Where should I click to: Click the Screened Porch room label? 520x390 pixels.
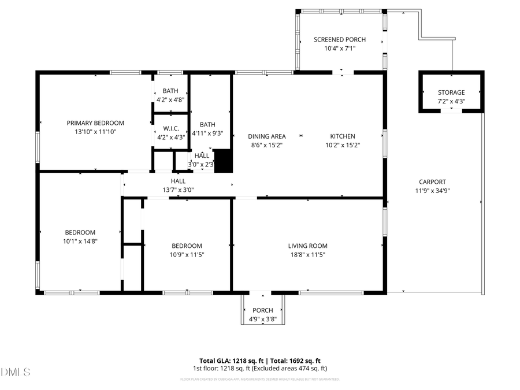340,39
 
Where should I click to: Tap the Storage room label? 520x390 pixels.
451,92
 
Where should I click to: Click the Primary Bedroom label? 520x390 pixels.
95,122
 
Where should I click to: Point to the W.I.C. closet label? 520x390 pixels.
170,128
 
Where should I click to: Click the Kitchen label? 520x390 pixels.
342,136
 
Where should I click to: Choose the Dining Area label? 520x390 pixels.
267,136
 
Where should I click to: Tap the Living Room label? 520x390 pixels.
307,246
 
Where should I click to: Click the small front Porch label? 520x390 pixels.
262,310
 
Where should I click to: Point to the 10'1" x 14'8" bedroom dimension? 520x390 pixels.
80,242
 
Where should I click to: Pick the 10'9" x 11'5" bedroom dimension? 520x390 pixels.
187,254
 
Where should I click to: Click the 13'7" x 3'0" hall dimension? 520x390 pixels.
178,190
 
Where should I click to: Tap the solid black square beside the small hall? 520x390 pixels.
222,161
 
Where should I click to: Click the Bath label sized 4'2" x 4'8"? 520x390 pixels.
170,91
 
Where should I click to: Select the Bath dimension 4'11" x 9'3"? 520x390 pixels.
207,133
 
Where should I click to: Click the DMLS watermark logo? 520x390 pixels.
16,372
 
